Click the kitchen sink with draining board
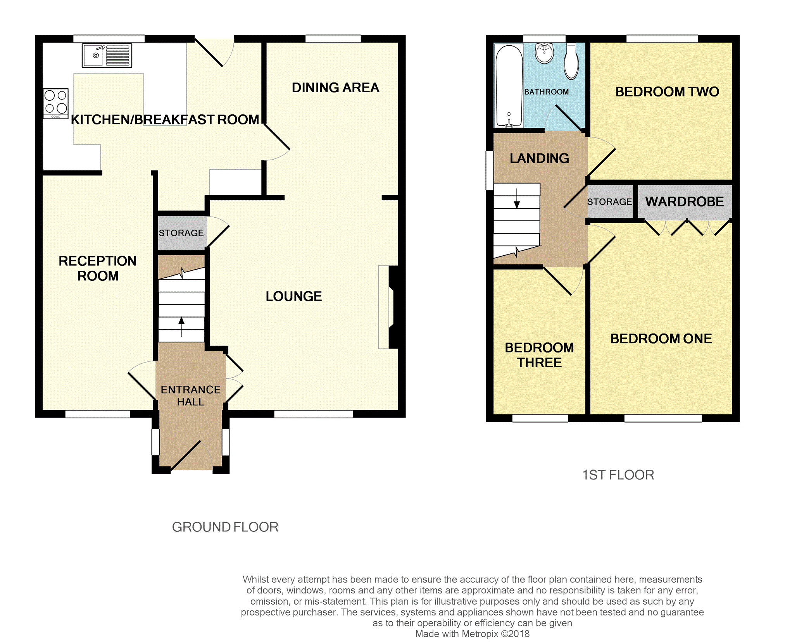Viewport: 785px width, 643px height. pos(107,55)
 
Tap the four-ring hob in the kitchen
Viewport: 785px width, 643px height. pos(56,103)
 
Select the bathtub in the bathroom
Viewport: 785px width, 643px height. pos(509,86)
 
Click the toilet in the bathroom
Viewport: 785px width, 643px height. pos(571,61)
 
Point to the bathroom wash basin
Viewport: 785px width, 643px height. pos(544,53)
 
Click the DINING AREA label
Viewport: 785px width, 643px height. pos(335,88)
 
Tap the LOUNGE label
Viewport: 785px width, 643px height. pos(293,296)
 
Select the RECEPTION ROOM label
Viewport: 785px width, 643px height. pos(98,268)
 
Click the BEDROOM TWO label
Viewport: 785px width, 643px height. pos(667,92)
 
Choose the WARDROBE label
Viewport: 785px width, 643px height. pos(685,201)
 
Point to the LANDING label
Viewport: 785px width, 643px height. pos(539,158)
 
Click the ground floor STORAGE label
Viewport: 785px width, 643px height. pos(181,233)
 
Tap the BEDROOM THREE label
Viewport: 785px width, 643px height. pos(539,355)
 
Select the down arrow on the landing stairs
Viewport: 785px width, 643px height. pos(517,198)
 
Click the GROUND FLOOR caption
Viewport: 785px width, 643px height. pos(225,527)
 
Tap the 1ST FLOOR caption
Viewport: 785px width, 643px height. pos(618,475)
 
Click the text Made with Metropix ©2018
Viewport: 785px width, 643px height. pos(472,634)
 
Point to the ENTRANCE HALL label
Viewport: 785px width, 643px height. pos(190,395)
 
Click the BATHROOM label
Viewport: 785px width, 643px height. pos(546,92)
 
